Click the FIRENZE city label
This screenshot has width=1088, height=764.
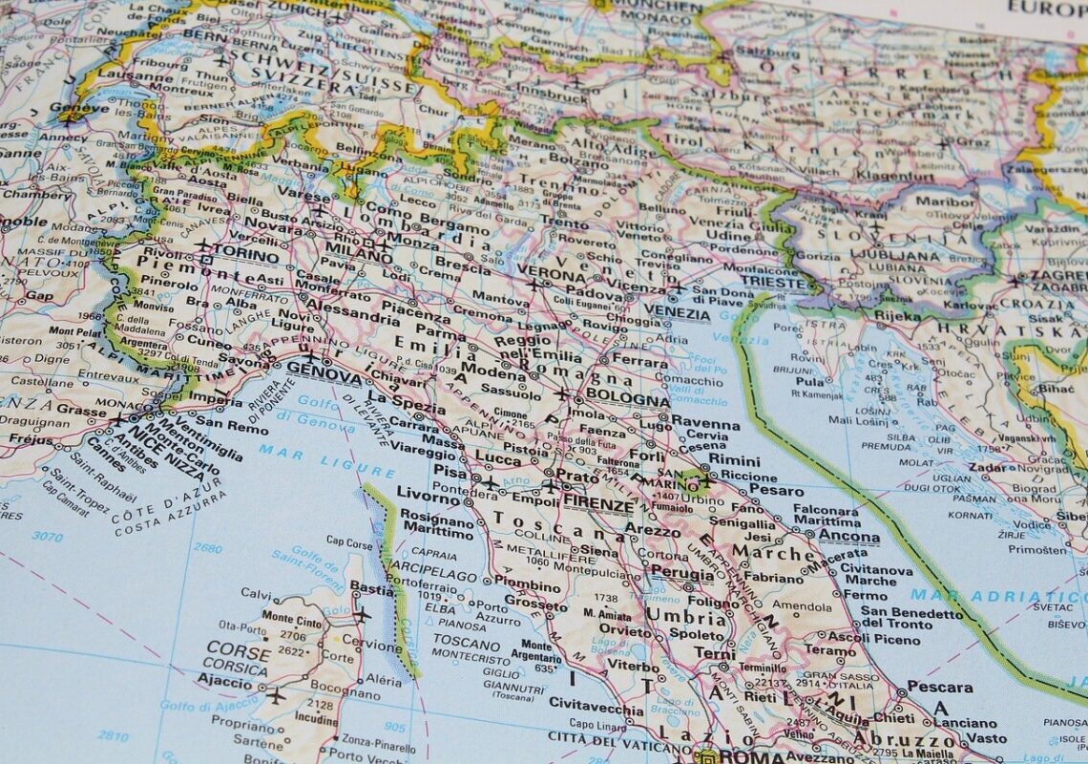pos(598,503)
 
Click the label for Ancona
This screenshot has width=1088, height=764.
pos(848,537)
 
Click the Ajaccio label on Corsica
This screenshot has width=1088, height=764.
pos(224,680)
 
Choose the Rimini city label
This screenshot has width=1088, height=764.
pos(734,459)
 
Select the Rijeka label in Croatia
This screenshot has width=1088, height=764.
pos(898,315)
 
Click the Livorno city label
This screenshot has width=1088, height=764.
pos(429,497)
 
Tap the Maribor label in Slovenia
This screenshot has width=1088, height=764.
pos(945,202)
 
